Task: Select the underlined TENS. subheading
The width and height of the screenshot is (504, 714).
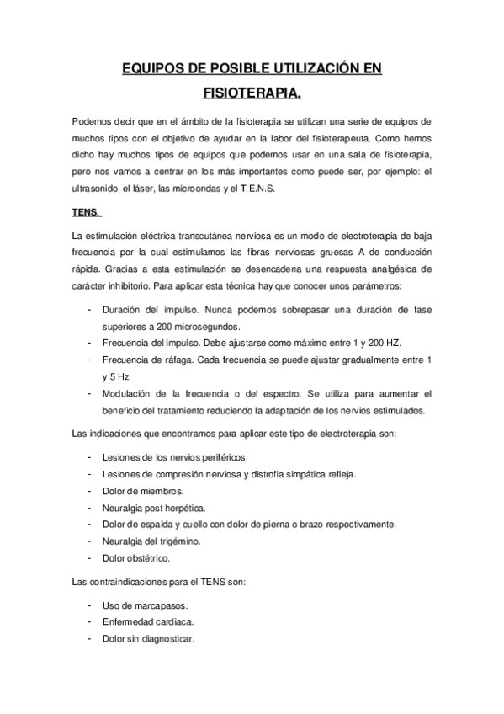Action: [x=85, y=211]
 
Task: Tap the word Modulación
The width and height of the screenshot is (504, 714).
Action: [x=129, y=393]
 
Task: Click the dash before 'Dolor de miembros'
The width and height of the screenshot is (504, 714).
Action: [x=89, y=490]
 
